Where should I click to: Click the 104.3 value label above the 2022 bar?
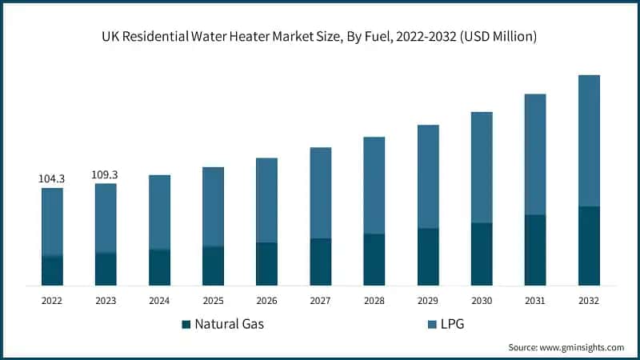point(52,179)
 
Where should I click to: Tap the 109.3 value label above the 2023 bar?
point(106,174)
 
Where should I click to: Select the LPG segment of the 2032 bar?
point(589,141)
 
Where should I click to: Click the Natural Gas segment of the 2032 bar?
point(589,246)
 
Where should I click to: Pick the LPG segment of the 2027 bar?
point(320,193)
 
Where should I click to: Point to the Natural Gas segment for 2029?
point(428,257)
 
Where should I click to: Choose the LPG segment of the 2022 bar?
point(52,222)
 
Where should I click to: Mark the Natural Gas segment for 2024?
point(159,267)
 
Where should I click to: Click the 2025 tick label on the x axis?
point(213,301)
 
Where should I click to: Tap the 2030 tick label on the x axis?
point(482,301)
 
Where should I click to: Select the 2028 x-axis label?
point(374,301)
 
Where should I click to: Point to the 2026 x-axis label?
point(266,301)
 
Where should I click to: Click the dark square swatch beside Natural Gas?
point(186,325)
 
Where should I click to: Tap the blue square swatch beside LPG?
point(433,325)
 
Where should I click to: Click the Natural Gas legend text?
point(230,325)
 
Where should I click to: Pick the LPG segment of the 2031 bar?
point(535,154)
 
